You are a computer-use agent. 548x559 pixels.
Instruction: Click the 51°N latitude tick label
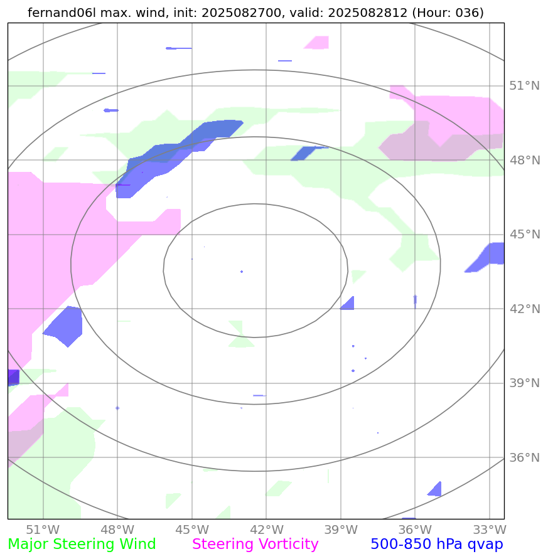coord(524,86)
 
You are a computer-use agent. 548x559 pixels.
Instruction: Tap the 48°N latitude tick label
coord(524,160)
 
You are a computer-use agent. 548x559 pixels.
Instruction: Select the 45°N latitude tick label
coord(524,235)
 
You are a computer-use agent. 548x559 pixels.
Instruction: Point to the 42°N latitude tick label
coord(524,309)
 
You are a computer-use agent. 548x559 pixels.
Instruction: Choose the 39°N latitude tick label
coord(524,383)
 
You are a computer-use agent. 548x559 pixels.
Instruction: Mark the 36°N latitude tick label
coord(524,457)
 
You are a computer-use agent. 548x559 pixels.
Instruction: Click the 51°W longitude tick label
coord(43,528)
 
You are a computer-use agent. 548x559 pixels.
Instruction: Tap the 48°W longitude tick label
coord(117,528)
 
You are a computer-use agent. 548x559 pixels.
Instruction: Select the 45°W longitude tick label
coord(191,528)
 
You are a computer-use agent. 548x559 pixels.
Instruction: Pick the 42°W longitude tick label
coord(266,528)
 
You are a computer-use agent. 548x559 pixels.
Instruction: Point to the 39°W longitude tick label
coord(340,528)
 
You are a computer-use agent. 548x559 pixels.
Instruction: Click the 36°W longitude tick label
coord(414,528)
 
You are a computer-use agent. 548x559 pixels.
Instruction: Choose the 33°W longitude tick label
coord(489,528)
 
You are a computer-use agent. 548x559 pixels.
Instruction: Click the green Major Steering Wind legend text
coord(82,545)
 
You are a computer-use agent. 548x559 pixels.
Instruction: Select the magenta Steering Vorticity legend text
coord(255,545)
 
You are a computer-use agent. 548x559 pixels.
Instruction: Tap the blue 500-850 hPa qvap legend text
coord(437,545)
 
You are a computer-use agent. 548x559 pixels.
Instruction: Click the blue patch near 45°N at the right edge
coord(490,256)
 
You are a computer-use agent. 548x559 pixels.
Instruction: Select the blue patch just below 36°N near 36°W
coord(435,489)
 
